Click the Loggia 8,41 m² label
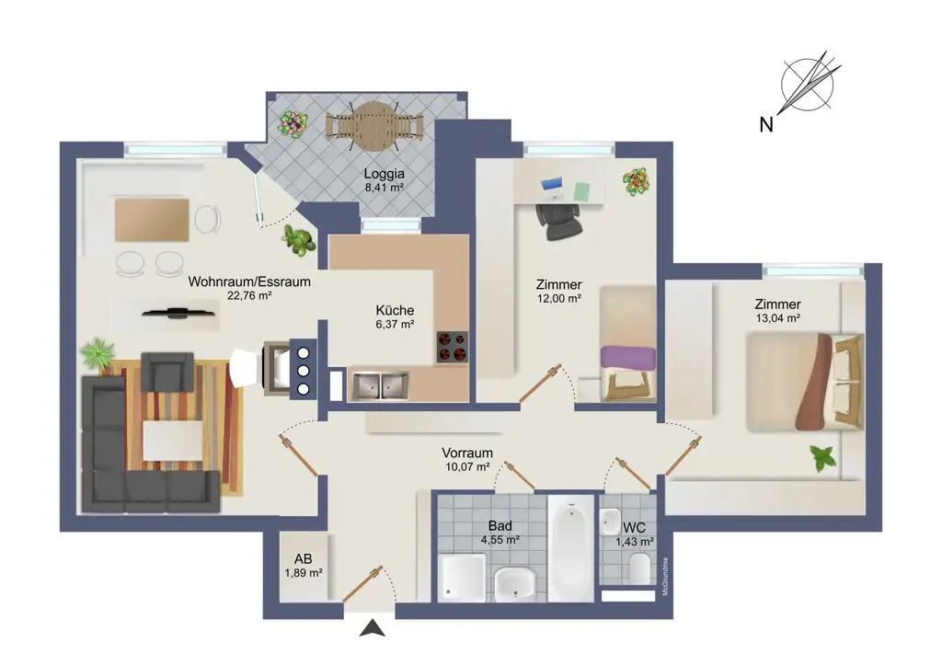(384, 178)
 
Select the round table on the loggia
(373, 126)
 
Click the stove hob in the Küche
(452, 347)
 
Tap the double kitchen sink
(379, 386)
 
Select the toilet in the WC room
(641, 569)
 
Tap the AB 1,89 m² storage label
(303, 565)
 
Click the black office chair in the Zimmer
(557, 219)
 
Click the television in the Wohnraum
(178, 313)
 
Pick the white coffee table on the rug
(173, 440)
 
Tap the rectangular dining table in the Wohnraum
(152, 220)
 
